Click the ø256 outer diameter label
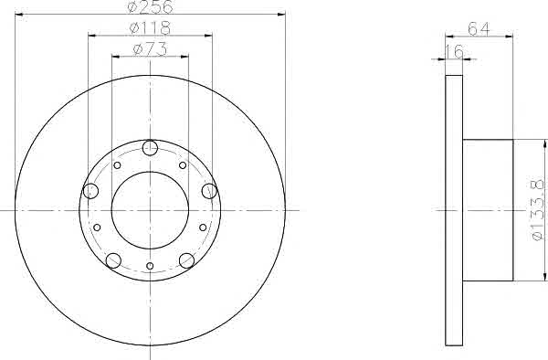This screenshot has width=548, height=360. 151,6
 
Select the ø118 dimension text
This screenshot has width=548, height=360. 150,28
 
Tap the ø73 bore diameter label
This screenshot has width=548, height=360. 150,49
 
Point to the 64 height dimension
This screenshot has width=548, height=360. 479,29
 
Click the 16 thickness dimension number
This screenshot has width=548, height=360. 454,51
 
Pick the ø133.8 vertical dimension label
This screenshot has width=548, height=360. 538,210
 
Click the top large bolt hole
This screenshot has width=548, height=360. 150,148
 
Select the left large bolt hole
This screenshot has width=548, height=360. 90,191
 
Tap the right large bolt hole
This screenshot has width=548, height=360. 209,191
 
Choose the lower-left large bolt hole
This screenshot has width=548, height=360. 113,260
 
